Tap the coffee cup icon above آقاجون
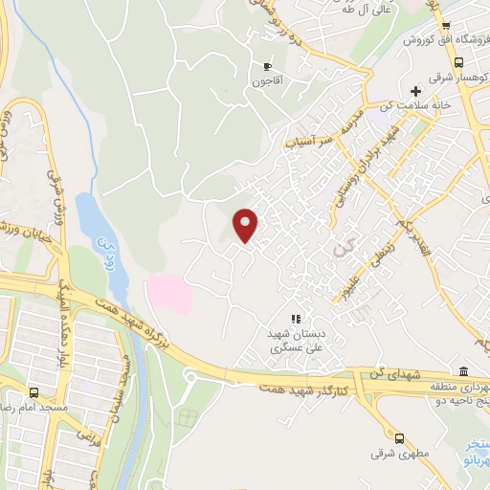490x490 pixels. [x=267, y=66]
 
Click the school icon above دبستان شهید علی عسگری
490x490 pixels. [x=296, y=319]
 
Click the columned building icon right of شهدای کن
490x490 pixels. [x=463, y=372]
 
